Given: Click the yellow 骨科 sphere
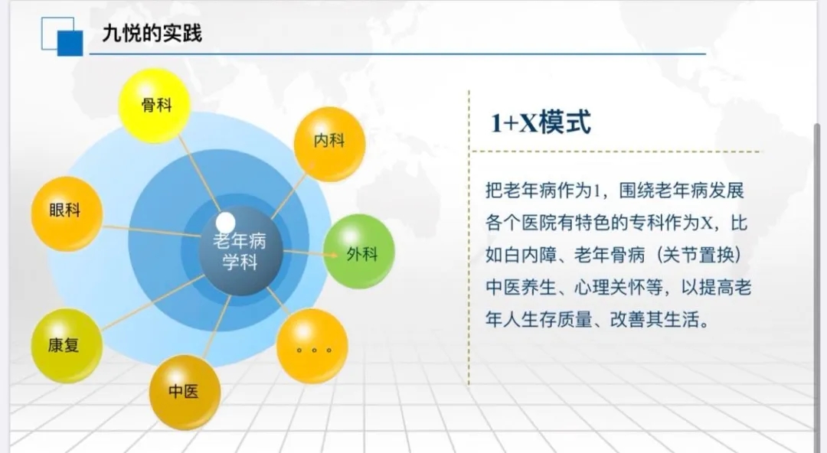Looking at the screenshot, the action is click(155, 106).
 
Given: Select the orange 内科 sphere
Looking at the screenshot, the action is click(329, 143).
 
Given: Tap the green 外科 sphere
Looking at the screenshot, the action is click(359, 252).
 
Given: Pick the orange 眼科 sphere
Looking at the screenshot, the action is click(67, 213).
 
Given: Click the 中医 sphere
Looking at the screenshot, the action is click(185, 393).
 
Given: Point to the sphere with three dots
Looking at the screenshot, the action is click(312, 346).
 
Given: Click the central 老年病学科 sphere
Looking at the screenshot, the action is click(240, 251).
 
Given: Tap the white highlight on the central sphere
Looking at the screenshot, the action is click(226, 223).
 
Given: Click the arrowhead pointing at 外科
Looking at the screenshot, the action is click(333, 256).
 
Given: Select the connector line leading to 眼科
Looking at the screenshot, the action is click(151, 231).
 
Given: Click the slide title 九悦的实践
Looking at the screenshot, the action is click(152, 33).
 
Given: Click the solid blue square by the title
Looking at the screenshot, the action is click(70, 44).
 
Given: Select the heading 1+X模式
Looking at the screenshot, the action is click(541, 122).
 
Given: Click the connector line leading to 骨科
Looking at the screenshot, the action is click(199, 174).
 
